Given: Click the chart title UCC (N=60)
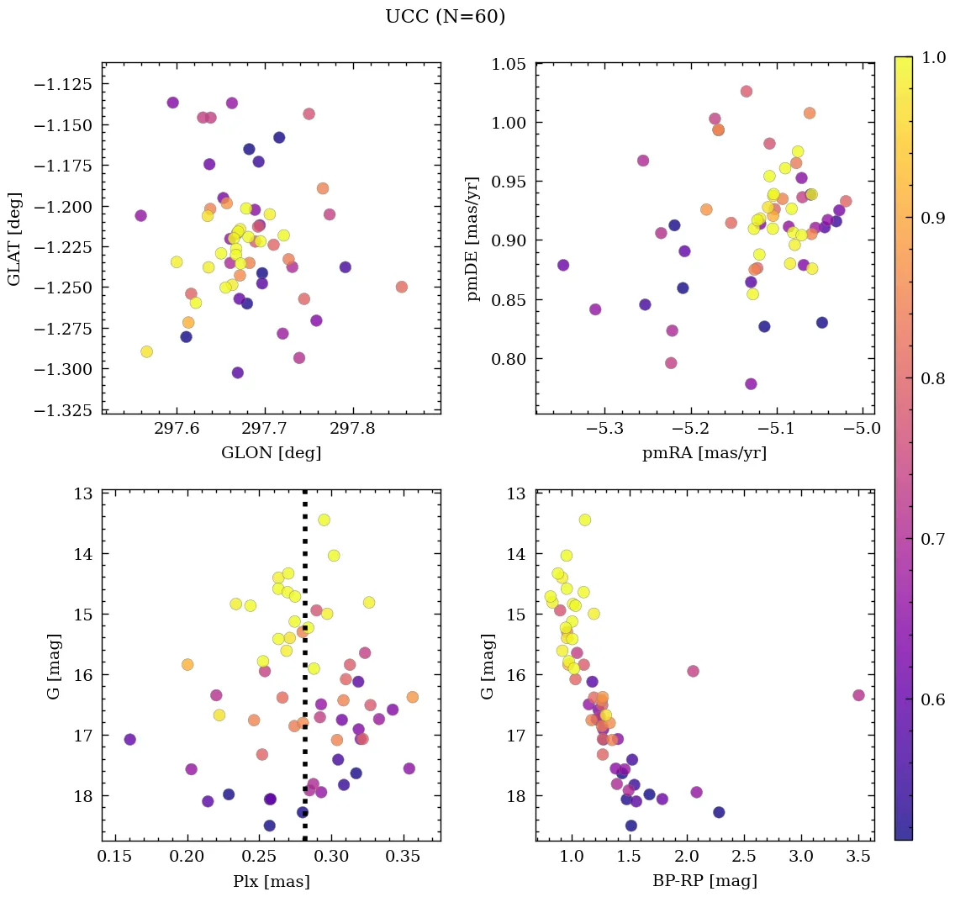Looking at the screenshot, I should coord(445,17).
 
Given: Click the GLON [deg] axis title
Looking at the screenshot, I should coord(271,453).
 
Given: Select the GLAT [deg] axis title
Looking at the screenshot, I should coord(15,239).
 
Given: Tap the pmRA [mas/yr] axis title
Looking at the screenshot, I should coord(704,453).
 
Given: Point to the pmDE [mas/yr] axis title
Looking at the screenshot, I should coord(472,239).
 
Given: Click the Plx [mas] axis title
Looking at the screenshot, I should coord(271,881).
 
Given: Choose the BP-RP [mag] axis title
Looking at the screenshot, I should coord(704,881).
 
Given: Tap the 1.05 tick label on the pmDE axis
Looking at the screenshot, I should coord(508,65).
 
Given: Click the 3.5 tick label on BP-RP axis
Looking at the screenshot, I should coord(858,858).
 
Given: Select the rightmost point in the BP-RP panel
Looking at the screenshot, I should coord(858,695).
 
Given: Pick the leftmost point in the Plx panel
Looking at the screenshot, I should coord(129,739).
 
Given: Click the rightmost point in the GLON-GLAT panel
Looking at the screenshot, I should coord(401,287).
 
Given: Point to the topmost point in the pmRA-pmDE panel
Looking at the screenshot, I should coord(746,91).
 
